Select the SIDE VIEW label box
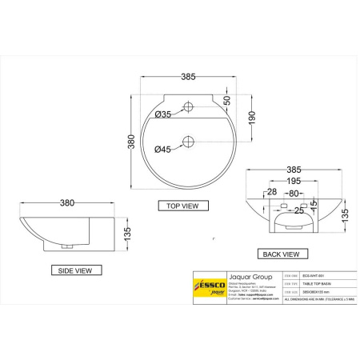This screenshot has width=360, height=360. pos(77,270)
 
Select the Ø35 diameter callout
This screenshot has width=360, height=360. pos(162,115)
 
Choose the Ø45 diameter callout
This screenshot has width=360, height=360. pos(162,149)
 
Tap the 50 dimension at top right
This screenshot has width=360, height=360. pos(226,100)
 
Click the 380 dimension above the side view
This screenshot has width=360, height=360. pos(72,203)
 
